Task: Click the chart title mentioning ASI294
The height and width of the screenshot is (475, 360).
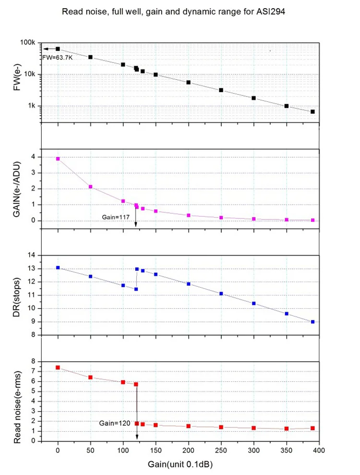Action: point(180,11)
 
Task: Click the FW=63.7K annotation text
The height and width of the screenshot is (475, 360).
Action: point(57,57)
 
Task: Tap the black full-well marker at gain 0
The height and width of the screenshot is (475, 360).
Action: point(58,49)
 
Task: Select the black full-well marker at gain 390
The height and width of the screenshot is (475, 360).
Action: point(312,111)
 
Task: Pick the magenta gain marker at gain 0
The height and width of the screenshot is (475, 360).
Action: point(58,158)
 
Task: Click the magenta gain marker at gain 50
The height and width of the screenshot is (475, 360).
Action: point(90,187)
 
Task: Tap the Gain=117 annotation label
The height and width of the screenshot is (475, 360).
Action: point(116,217)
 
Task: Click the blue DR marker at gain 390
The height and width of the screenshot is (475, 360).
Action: point(312,322)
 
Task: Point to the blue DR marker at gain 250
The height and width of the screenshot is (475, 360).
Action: point(221,293)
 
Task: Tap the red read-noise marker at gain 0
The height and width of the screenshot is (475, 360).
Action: point(58,367)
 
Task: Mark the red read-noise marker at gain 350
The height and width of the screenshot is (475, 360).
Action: point(287,429)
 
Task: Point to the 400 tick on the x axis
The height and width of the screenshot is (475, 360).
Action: point(319,450)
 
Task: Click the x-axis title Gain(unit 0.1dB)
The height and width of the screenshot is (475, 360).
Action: point(180,465)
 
